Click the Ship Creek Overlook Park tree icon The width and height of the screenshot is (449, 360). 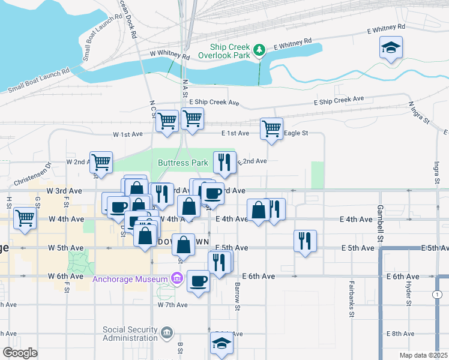pos(259,50)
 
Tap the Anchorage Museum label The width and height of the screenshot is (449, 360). pos(130,279)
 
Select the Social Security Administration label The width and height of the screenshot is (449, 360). pos(129,334)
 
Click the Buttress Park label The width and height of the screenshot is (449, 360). pos(183,163)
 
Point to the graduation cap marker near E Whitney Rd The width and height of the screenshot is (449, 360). pos(391,49)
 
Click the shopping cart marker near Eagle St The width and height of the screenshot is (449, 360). pos(271,128)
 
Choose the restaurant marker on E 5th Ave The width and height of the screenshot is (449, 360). pos(305,241)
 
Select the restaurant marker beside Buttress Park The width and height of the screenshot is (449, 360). pos(224,162)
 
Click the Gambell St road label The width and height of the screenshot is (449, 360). pos(380,220)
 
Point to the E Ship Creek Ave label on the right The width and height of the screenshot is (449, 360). pos(339,100)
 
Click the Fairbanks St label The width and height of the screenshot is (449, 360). pos(351,305)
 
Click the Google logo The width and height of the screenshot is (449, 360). pos(20,353)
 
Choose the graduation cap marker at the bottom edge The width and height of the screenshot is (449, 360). pos(221,344)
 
